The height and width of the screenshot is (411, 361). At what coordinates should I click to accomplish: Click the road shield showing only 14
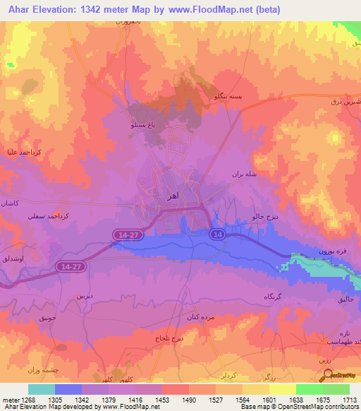coord(218,234)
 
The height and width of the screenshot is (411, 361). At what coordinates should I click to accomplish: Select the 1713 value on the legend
coord(349,399)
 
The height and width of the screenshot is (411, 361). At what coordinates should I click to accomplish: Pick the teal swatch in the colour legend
coord(42,389)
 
